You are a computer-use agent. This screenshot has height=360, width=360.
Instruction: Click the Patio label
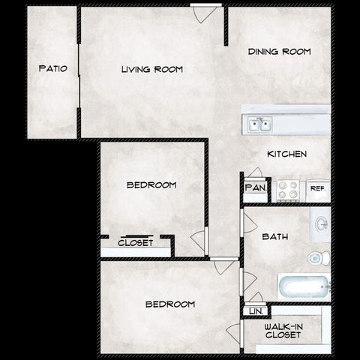pos(52,69)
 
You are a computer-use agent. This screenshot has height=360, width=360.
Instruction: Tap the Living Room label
pos(152,69)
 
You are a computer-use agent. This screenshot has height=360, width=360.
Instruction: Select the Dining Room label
pos(279,52)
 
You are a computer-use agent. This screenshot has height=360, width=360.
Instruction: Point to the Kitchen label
pos(286,154)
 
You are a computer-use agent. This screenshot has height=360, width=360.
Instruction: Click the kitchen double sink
pos(261,124)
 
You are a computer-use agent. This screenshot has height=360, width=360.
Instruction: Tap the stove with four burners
pos(288,190)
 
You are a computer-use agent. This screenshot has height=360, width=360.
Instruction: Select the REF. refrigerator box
pos(318,189)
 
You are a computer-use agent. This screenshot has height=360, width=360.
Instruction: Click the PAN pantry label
pos(254,188)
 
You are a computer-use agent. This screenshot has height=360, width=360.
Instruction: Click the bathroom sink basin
pos(321,224)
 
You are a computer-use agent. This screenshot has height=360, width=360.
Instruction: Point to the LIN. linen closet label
pos(254,310)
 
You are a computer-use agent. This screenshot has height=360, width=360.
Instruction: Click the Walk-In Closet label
pos(284,331)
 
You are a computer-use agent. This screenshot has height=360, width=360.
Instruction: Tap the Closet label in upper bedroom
pos(135,243)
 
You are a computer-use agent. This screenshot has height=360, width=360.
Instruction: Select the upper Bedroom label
pos(151,184)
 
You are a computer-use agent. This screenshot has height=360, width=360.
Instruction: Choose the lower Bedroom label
pos(169,304)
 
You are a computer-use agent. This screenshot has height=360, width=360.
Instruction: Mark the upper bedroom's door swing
pos(199,241)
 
